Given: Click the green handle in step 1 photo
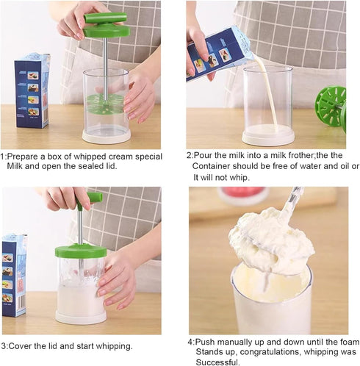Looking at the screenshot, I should (x=105, y=18).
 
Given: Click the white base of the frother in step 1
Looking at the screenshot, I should (x=107, y=136).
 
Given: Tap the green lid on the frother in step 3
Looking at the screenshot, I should (x=81, y=250).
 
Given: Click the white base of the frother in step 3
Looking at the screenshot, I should (x=81, y=317).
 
